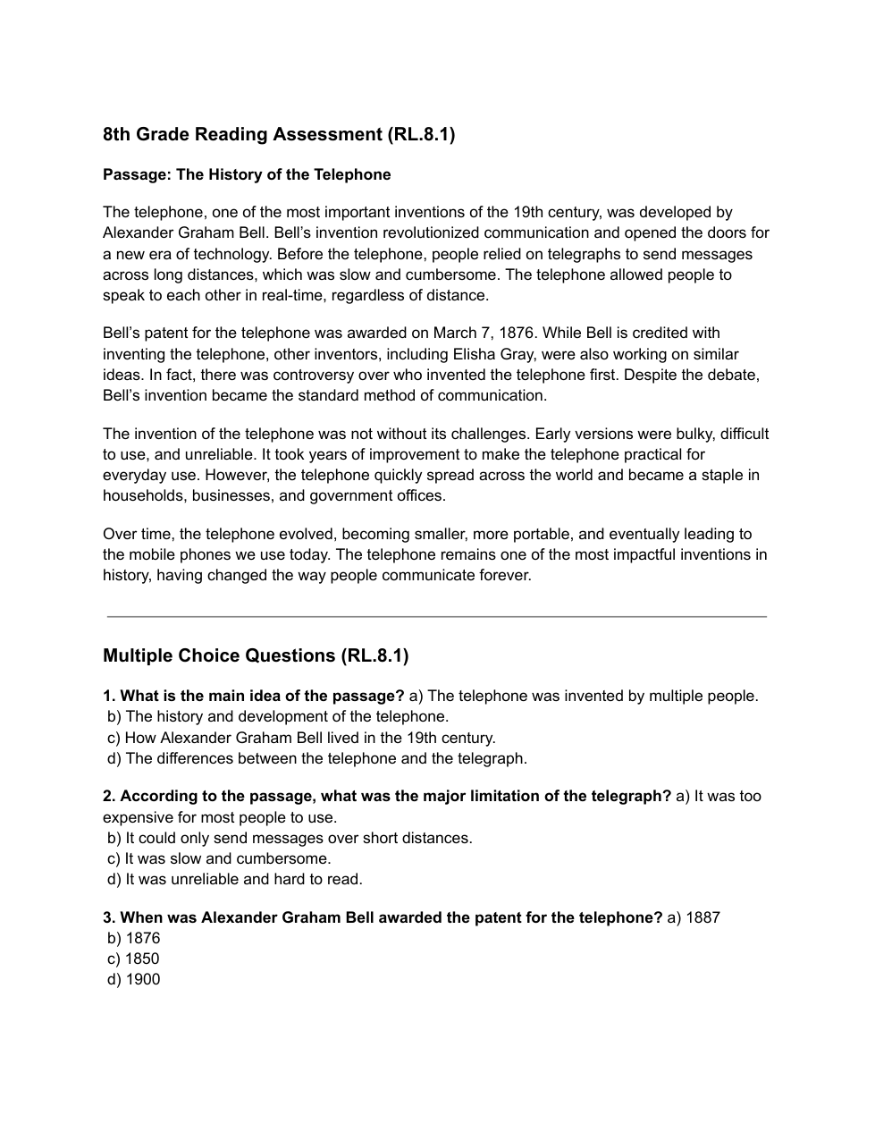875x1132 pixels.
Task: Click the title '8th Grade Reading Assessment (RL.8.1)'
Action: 279,135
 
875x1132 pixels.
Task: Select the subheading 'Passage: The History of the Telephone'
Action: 247,174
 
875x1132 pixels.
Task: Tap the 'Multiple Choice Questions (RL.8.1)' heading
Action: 256,656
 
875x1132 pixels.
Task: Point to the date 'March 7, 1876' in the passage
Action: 484,334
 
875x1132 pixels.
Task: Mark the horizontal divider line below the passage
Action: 437,617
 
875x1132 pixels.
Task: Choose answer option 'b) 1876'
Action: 134,939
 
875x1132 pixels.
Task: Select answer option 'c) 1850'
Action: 134,959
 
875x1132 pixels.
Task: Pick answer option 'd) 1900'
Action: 134,980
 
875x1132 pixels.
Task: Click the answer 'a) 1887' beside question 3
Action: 694,918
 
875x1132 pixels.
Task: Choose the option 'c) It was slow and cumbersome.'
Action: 219,859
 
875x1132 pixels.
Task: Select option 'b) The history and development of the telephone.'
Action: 278,717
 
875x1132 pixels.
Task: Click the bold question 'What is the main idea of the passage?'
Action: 262,697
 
